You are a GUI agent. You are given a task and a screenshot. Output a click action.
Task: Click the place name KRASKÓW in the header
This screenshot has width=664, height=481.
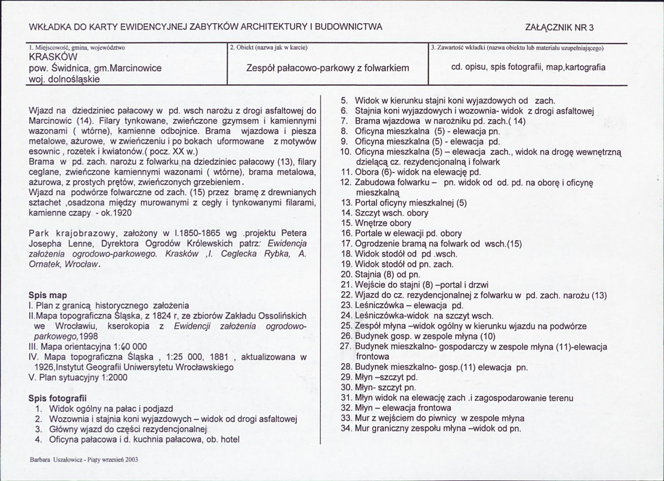(53, 58)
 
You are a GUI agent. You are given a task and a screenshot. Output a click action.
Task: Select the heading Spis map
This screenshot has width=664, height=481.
(48, 295)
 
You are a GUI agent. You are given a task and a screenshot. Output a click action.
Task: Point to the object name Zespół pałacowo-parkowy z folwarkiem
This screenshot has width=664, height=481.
(327, 68)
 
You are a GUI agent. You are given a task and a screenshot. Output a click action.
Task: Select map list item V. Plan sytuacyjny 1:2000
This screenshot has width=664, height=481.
(78, 377)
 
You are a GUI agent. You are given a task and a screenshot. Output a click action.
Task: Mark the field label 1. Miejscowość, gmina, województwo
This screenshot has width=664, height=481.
(77, 48)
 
